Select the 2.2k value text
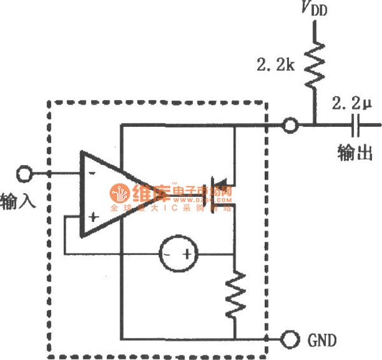(x=276, y=65)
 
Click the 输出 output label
(x=355, y=153)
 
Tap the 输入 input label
(x=18, y=199)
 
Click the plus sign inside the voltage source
(x=188, y=255)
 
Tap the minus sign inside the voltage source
(x=166, y=255)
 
